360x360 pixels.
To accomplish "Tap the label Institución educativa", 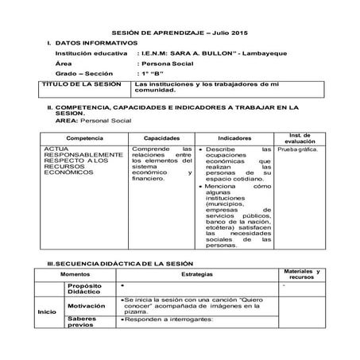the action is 90,52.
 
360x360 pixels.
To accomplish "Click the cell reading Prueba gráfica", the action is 298,149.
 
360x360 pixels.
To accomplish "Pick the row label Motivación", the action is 87,304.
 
